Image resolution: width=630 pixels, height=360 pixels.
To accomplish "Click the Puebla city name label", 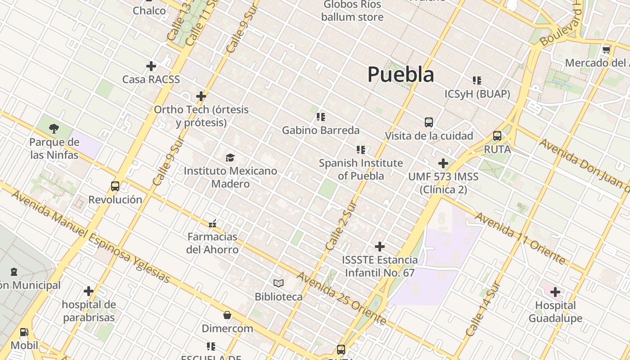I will pos(400,74).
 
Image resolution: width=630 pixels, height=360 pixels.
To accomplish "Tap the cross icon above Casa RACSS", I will pos(151,66).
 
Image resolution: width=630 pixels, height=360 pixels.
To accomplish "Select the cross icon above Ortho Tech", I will pos(201,96).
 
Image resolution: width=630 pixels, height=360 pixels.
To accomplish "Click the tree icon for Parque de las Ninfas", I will pos(54,129).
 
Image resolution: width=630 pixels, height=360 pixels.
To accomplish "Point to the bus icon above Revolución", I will pos(115,186).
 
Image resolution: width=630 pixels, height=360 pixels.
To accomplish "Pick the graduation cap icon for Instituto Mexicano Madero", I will pos(230,157).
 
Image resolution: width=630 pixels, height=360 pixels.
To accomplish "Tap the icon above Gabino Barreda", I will pos(320,117).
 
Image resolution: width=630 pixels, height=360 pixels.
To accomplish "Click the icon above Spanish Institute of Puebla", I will pos(361,149).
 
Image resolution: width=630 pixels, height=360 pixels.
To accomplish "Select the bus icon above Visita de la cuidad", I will pos(429,122).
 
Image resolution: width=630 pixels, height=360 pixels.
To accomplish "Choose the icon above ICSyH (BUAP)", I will pos(477,81).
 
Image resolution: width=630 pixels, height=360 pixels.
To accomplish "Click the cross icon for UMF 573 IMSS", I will pos(443,163).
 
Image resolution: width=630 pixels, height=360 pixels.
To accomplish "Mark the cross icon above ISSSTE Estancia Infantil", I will pos(380,247).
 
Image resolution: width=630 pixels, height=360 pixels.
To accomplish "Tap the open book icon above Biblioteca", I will pos(279,283).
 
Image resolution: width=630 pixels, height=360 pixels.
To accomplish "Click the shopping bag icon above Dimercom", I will pos(227,315).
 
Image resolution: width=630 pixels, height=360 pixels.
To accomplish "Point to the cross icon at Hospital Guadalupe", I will pos(555,292).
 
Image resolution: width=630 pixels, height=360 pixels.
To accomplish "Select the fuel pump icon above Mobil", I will pos(24,332).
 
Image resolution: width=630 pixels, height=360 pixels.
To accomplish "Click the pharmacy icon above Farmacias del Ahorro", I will pos(212,223).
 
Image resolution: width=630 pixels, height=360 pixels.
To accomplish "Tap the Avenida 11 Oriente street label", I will pos(520,238).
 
